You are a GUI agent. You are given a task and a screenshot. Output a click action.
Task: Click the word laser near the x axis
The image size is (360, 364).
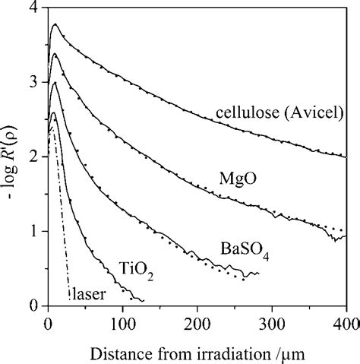[x=87, y=290]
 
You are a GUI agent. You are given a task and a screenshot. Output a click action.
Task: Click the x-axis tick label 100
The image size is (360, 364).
[x=122, y=321]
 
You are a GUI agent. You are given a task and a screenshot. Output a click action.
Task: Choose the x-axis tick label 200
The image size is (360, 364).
[x=197, y=321]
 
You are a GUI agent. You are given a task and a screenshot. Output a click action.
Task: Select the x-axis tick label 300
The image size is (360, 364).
[x=271, y=321]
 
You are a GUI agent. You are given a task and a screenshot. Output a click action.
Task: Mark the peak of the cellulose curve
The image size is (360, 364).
[x=54, y=24]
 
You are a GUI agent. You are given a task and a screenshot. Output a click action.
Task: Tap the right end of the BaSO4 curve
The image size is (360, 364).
[x=258, y=274]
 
